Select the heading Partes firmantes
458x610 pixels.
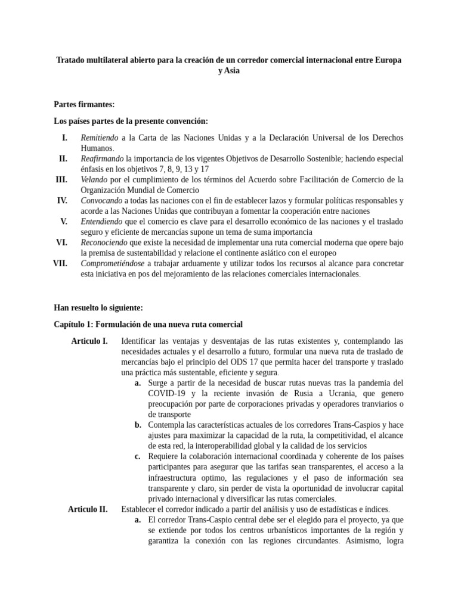tap(83, 104)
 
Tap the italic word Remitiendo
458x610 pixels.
tap(100, 138)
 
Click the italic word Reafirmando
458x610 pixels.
tap(102, 159)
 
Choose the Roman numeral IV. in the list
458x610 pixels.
tap(61, 200)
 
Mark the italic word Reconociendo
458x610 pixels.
tap(104, 242)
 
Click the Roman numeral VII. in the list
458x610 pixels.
tap(60, 263)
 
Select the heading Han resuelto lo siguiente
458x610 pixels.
tap(98, 308)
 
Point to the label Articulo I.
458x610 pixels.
tap(89, 341)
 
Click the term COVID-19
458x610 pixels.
tap(169, 393)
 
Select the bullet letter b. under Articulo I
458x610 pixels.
tap(138, 425)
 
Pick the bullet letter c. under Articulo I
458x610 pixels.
tap(138, 456)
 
